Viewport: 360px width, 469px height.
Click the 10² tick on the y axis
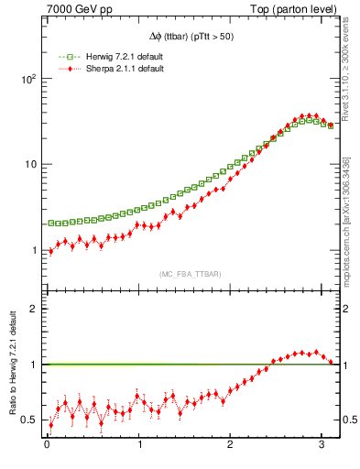pyautogui.click(x=28, y=79)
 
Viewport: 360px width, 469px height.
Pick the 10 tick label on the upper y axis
pyautogui.click(x=30, y=164)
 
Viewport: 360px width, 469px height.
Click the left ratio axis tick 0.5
pyautogui.click(x=28, y=420)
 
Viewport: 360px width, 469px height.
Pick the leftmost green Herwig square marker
pyautogui.click(x=50, y=224)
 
